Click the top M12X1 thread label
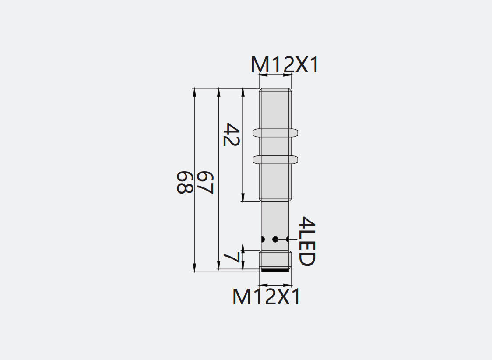click(x=285, y=65)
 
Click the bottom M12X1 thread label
click(x=267, y=296)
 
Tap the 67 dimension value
click(x=204, y=182)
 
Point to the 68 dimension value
click(x=184, y=182)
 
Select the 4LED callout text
click(x=306, y=241)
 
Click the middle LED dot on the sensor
click(x=275, y=240)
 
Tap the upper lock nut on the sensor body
click(x=275, y=133)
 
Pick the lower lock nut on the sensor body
click(x=275, y=160)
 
